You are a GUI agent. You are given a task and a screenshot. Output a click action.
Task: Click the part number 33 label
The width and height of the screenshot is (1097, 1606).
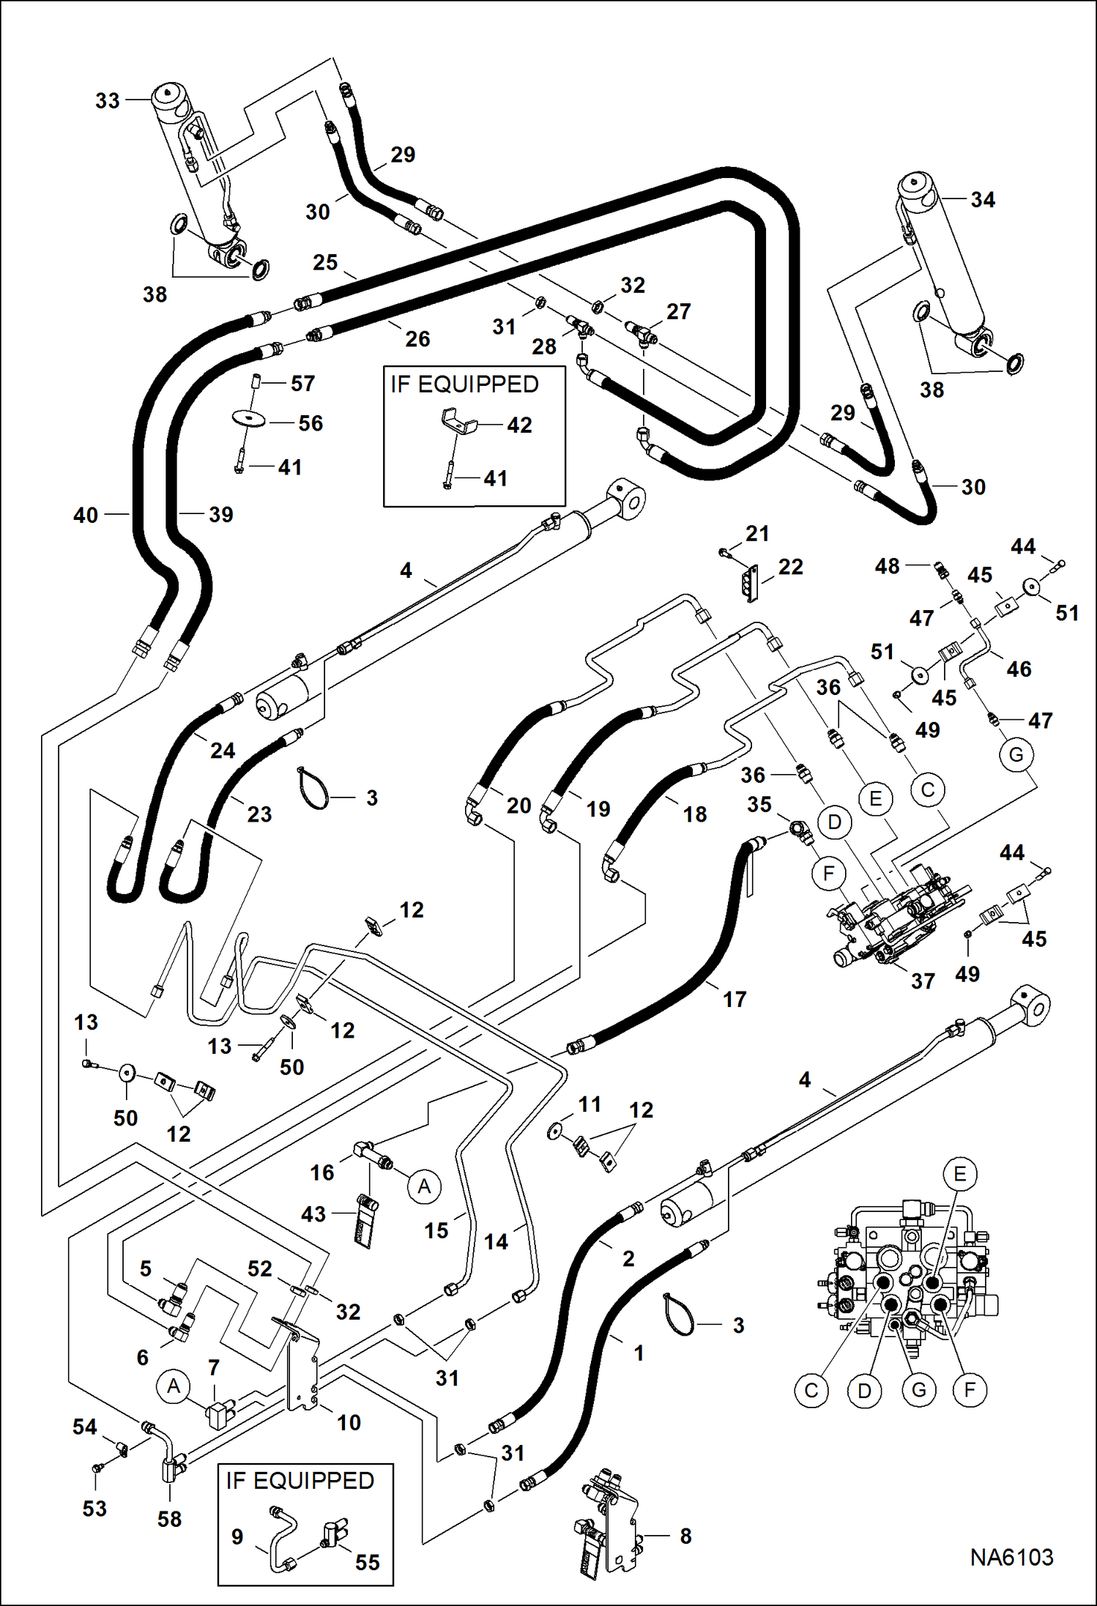pyautogui.click(x=107, y=100)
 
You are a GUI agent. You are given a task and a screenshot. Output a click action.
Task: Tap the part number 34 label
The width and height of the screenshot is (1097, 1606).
pyautogui.click(x=982, y=200)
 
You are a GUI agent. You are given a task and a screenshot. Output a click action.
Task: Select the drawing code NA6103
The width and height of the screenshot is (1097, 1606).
pyautogui.click(x=1011, y=1557)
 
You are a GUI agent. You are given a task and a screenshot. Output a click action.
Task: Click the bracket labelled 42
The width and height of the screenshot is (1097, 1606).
pyautogui.click(x=458, y=423)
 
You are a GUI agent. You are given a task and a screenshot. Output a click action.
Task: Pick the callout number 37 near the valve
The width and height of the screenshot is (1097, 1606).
pyautogui.click(x=923, y=981)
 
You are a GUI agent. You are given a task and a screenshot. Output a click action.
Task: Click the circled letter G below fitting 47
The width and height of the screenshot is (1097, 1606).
pyautogui.click(x=1016, y=754)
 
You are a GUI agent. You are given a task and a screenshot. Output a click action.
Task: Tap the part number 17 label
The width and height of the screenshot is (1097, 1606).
pyautogui.click(x=735, y=999)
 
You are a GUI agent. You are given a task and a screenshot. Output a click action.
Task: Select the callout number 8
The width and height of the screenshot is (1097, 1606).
pyautogui.click(x=685, y=1536)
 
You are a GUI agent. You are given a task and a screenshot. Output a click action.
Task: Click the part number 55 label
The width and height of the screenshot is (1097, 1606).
pyautogui.click(x=367, y=1562)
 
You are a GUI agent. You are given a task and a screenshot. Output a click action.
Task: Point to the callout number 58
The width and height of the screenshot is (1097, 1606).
pyautogui.click(x=169, y=1519)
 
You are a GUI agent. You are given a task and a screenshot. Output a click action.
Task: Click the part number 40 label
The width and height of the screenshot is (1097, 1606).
pyautogui.click(x=86, y=515)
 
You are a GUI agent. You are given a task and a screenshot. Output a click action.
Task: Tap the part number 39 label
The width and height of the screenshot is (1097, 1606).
pyautogui.click(x=220, y=514)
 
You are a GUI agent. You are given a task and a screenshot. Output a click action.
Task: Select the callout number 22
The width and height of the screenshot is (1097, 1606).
pyautogui.click(x=790, y=566)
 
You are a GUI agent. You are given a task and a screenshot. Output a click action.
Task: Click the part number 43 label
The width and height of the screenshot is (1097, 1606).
pyautogui.click(x=313, y=1213)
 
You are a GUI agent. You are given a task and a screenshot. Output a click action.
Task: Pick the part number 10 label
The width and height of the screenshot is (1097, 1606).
pyautogui.click(x=349, y=1422)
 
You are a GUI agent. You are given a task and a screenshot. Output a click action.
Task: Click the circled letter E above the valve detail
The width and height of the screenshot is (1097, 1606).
pyautogui.click(x=959, y=1174)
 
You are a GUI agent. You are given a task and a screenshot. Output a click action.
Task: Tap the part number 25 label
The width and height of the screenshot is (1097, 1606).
pyautogui.click(x=325, y=262)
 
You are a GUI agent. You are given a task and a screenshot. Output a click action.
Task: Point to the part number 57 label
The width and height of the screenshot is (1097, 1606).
pyautogui.click(x=302, y=383)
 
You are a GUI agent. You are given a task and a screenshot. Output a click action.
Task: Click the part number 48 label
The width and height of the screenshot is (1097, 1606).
pyautogui.click(x=887, y=565)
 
